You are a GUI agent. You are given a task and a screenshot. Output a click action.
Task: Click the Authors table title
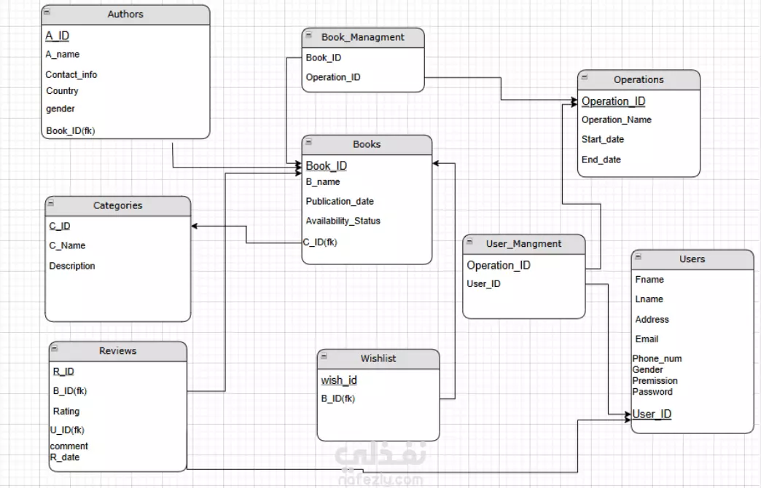(125, 14)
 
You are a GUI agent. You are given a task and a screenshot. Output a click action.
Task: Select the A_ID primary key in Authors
(58, 36)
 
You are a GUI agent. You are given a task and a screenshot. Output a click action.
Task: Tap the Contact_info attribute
(71, 74)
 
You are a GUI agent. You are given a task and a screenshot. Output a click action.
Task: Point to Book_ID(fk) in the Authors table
(71, 131)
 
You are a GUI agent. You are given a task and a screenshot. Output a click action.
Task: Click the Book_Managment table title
(363, 36)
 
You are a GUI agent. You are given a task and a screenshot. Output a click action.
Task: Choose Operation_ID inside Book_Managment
(333, 77)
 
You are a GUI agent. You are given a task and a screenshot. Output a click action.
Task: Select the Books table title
(367, 144)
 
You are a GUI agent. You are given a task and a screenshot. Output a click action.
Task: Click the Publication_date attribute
(340, 201)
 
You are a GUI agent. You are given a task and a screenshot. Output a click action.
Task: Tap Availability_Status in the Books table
(343, 221)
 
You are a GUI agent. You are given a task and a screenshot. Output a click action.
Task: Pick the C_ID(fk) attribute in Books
(320, 242)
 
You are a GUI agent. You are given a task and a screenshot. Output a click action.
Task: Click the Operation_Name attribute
(617, 119)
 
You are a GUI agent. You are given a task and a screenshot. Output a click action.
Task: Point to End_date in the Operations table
(601, 160)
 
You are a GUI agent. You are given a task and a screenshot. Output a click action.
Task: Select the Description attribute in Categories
(72, 266)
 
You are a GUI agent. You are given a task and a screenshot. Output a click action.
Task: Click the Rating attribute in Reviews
(66, 411)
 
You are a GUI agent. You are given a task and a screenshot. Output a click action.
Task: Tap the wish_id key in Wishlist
(339, 380)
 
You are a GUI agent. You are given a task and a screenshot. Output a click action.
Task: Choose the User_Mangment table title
(524, 243)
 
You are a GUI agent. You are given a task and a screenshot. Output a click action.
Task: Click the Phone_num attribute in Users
(657, 358)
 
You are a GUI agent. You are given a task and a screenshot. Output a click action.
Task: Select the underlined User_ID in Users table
(652, 414)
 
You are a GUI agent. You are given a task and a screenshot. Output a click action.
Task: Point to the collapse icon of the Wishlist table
(325, 357)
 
